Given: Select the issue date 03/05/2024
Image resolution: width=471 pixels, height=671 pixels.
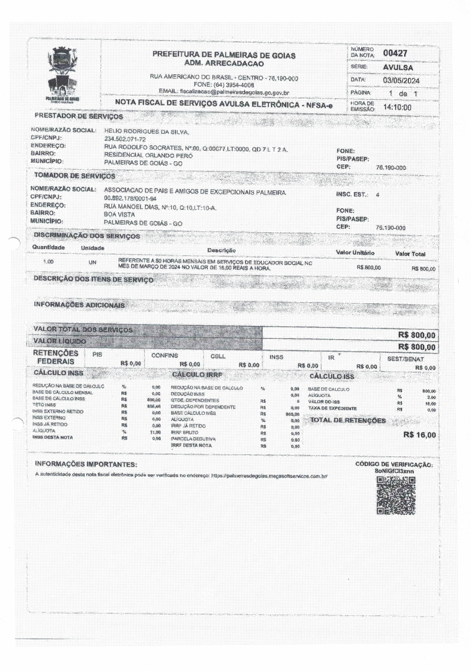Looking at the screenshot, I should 401,80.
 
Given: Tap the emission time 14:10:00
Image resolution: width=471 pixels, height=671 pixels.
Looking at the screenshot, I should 397,107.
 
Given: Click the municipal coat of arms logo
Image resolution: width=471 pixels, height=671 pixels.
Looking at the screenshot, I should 63,74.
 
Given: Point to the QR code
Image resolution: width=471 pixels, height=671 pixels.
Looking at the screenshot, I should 396,495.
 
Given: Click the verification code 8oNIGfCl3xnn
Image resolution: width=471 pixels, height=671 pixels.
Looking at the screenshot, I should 394,471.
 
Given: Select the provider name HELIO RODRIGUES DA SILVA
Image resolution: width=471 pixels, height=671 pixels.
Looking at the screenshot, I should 147,132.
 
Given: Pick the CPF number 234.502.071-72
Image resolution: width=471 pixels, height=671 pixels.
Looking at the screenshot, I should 125,139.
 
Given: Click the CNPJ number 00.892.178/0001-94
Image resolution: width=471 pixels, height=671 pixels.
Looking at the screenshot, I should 130,198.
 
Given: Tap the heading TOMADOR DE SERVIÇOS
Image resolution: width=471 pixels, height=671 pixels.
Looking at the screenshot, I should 75,176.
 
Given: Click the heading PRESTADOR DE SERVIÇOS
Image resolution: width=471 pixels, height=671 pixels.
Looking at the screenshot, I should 79,116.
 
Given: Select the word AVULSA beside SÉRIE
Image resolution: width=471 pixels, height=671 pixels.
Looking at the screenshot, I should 398,67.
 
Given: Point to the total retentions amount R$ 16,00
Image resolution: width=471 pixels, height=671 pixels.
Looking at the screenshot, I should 419,435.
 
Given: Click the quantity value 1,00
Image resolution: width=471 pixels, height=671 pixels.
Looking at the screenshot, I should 48,262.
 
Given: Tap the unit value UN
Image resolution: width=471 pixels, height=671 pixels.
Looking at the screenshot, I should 92,262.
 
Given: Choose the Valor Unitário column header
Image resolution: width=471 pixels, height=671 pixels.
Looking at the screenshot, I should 355,253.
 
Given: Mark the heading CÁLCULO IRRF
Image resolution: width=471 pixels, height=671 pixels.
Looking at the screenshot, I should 197,375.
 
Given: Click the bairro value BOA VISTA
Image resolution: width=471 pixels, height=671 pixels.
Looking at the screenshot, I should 119,214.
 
